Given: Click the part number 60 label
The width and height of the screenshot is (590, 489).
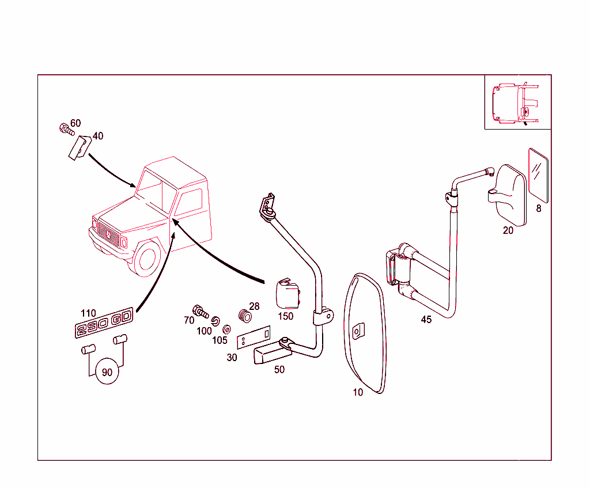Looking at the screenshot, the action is [x=75, y=123].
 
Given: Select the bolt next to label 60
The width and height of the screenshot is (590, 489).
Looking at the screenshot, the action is [x=67, y=130].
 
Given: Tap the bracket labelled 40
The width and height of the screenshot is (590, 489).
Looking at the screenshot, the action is [x=80, y=148].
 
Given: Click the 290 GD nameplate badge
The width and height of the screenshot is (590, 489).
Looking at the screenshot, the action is [x=104, y=323].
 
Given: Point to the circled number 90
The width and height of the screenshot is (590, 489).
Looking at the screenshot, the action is [x=107, y=372].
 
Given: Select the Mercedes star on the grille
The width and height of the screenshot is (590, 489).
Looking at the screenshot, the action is [x=108, y=235].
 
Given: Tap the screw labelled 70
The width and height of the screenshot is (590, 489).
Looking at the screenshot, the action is [x=200, y=312].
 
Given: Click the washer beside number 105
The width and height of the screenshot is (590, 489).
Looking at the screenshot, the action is [x=226, y=329].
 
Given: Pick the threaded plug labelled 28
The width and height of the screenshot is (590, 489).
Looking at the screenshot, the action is [x=245, y=316].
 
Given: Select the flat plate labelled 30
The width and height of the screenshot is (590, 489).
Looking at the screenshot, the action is [x=254, y=338].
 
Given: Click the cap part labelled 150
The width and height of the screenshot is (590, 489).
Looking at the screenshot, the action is [x=288, y=294].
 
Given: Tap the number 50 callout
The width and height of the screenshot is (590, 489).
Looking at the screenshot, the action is [x=279, y=369].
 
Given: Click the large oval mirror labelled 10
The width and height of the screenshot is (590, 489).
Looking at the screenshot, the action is [x=365, y=333].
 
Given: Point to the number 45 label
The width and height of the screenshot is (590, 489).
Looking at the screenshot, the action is [x=426, y=319].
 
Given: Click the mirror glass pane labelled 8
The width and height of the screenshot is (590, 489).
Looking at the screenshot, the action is [x=539, y=176].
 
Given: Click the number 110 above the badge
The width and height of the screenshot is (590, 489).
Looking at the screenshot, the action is [x=88, y=313].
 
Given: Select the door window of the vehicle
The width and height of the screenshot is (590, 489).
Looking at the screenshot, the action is [x=189, y=202].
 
